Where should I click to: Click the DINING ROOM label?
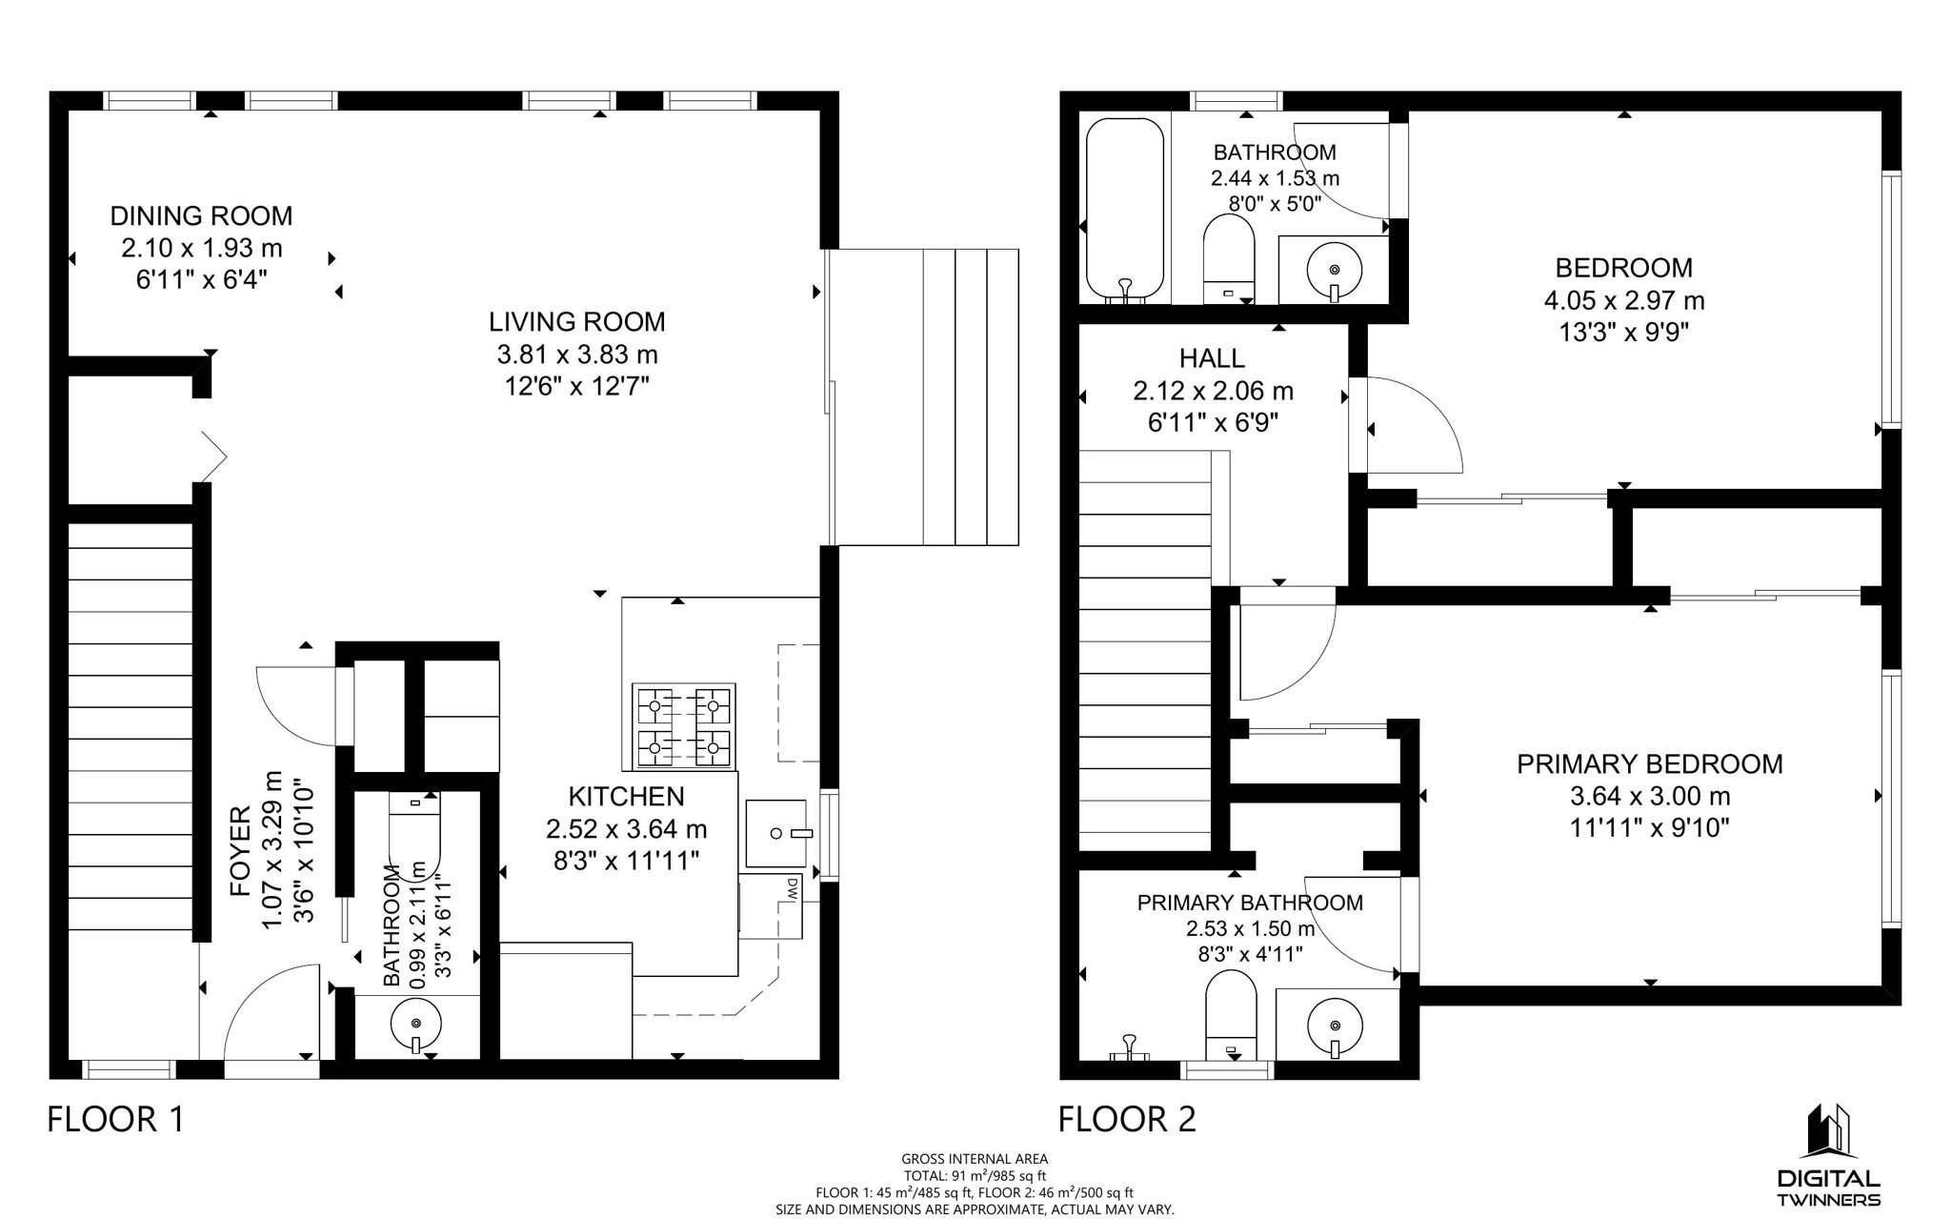201,215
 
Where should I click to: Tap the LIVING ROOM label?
577,321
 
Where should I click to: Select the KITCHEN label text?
626,796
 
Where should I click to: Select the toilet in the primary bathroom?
1231,1016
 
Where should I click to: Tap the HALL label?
1212,358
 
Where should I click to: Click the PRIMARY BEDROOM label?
1650,763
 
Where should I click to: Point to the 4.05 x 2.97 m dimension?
1624,300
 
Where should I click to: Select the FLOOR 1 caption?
115,1119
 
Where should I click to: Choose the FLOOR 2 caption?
1127,1119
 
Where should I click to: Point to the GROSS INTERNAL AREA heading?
975,1159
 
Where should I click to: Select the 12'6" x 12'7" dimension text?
577,386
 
